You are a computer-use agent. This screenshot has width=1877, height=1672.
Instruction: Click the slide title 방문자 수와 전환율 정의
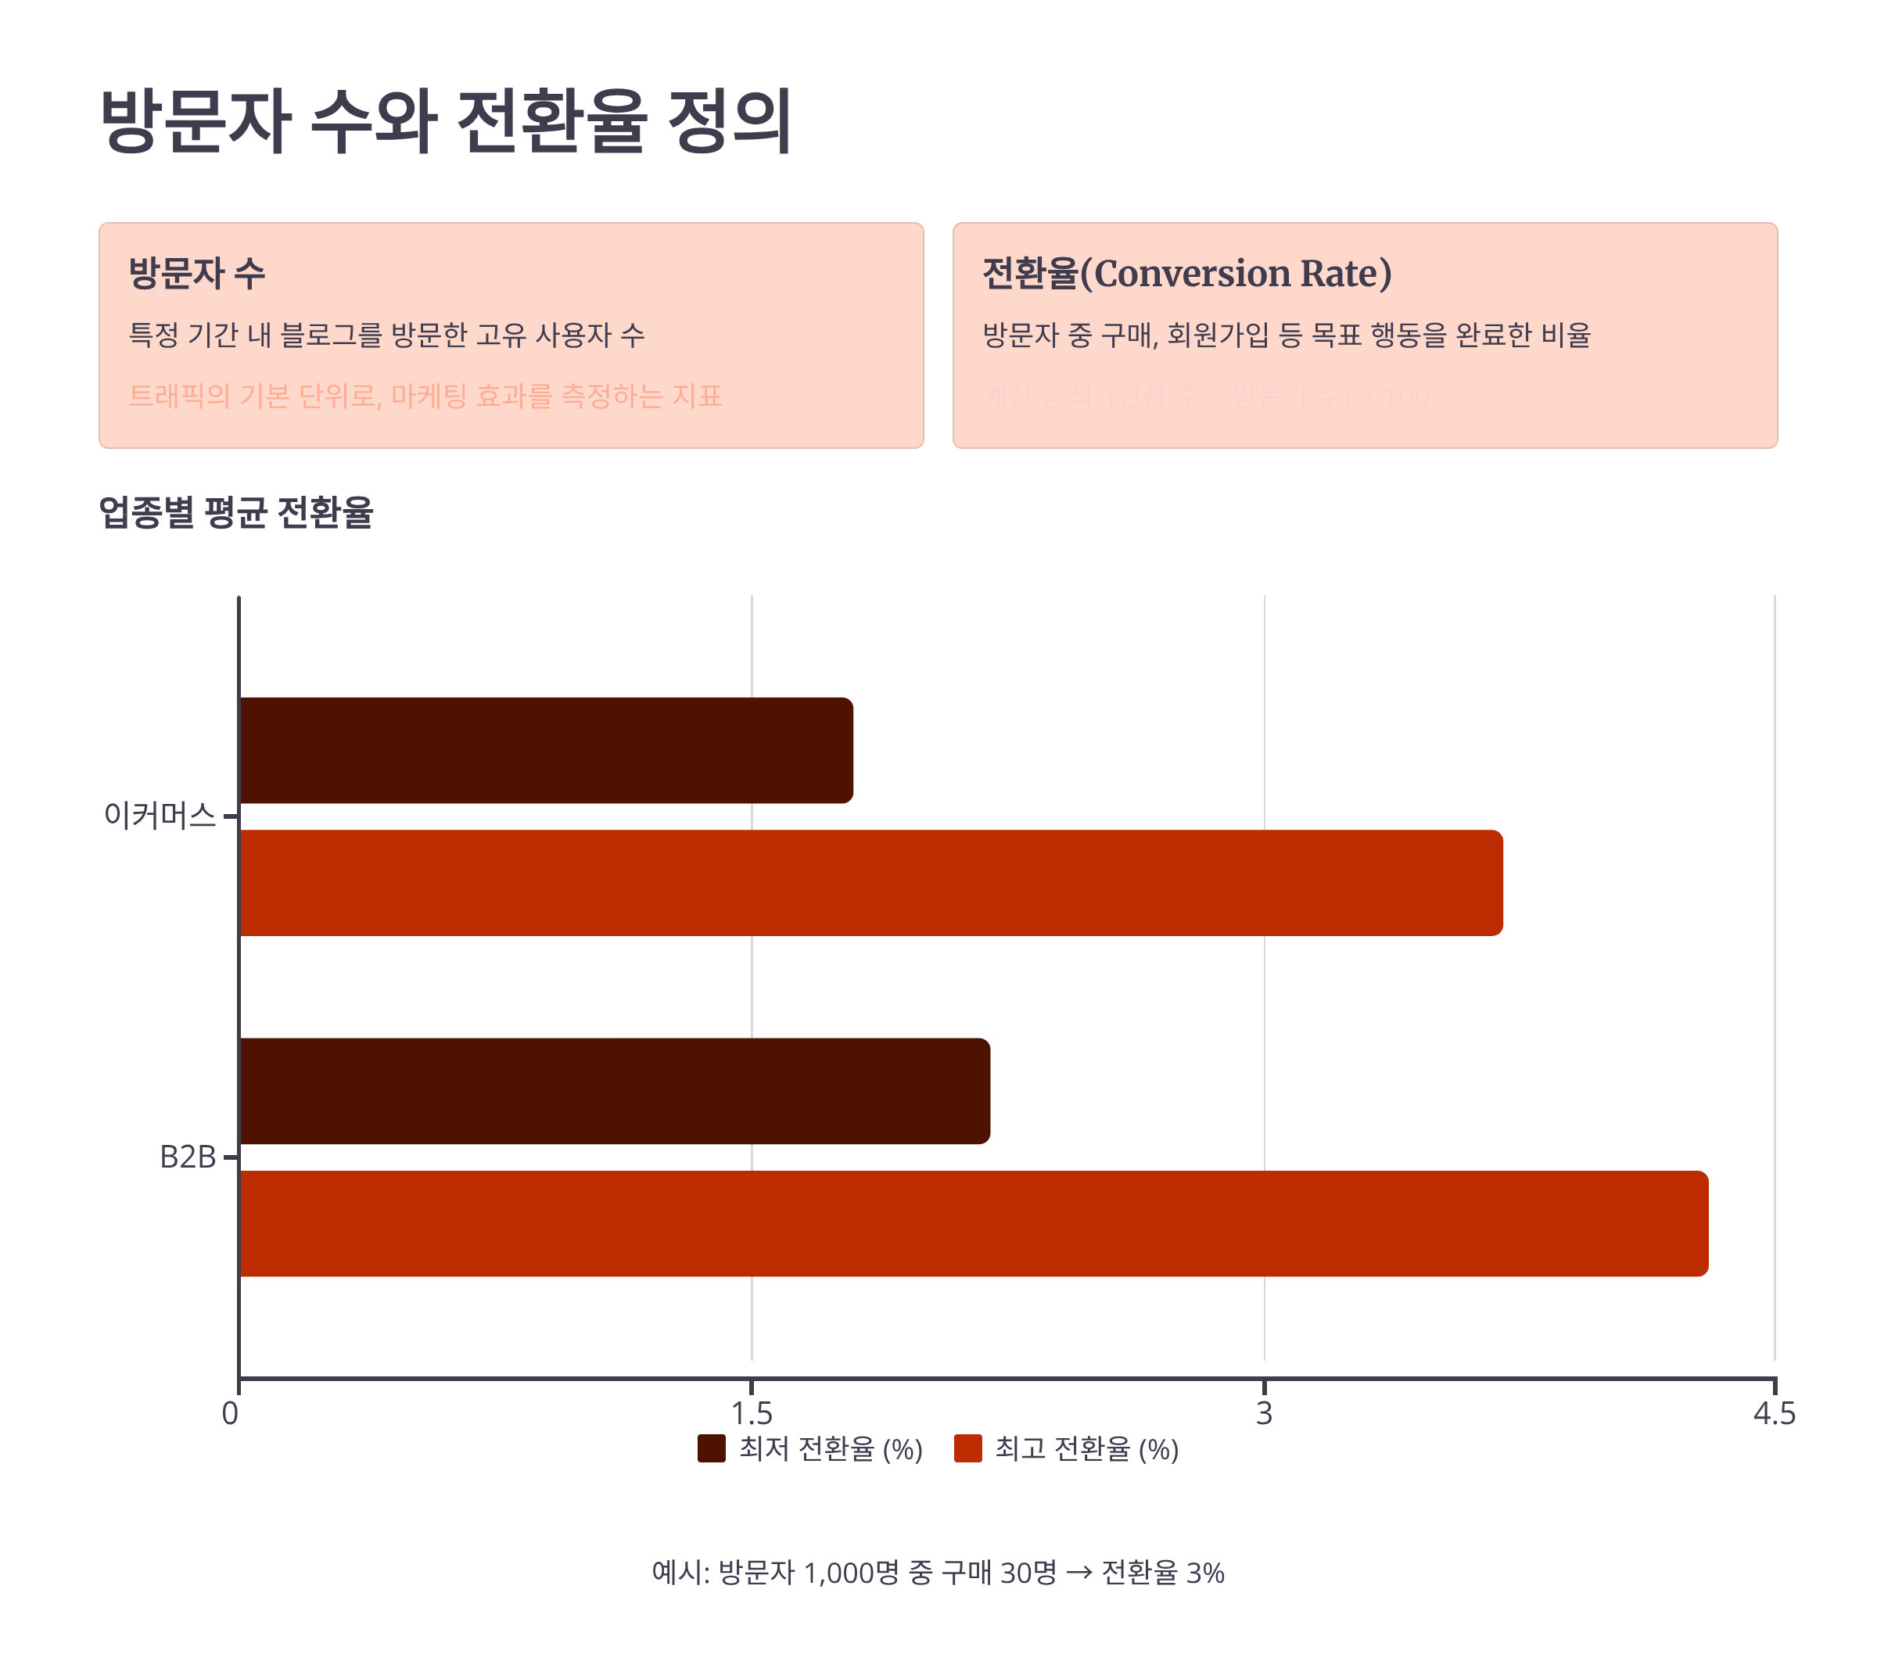click(x=446, y=121)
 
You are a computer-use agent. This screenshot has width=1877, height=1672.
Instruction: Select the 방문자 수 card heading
click(x=196, y=273)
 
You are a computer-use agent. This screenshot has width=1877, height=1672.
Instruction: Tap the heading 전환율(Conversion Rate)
click(x=1187, y=273)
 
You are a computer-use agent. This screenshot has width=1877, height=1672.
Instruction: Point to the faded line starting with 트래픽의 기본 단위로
click(x=425, y=396)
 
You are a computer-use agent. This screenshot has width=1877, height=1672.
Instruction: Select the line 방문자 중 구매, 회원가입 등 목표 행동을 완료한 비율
click(x=1287, y=335)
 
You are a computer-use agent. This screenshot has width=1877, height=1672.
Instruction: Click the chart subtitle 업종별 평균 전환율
click(x=236, y=511)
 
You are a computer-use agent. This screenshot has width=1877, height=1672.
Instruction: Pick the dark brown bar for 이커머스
click(x=546, y=751)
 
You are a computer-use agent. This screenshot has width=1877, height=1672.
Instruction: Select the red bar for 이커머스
click(x=870, y=883)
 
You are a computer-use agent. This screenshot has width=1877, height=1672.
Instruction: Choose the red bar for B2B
click(x=973, y=1223)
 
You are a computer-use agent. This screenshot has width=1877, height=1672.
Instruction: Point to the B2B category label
click(x=188, y=1157)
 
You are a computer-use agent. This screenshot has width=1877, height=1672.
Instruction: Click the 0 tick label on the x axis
click(x=231, y=1413)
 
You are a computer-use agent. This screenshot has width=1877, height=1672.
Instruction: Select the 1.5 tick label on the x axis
click(x=752, y=1413)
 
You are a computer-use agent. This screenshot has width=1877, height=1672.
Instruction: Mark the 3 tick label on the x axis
click(x=1264, y=1413)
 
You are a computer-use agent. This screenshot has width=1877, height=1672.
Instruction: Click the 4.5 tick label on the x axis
click(x=1774, y=1413)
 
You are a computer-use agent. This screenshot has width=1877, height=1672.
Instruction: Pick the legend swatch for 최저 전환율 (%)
click(x=711, y=1449)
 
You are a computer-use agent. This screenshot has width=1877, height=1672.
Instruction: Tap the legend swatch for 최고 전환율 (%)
click(x=968, y=1449)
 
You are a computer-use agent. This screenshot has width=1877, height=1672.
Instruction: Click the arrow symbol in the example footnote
click(x=1078, y=1573)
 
